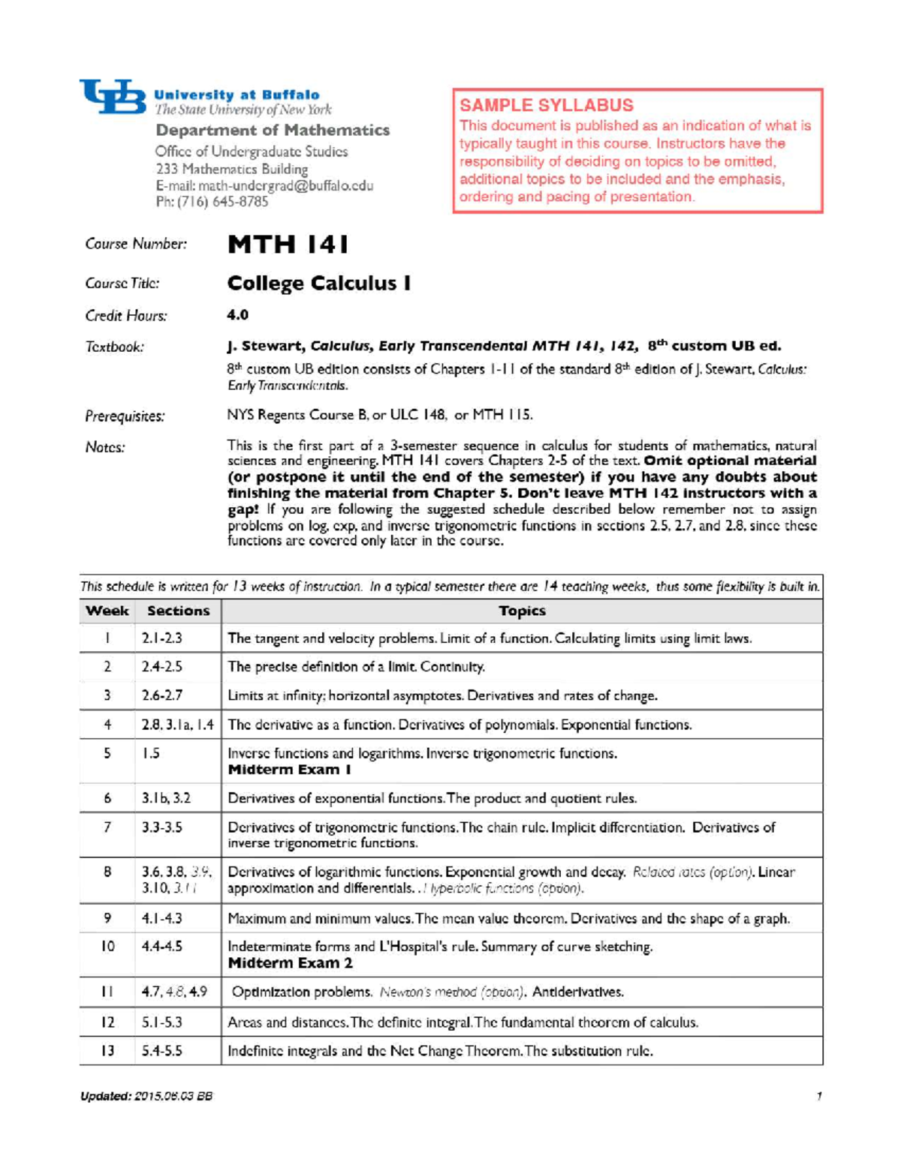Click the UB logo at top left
click(x=113, y=97)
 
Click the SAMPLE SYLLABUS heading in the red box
click(x=546, y=106)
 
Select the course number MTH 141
click(x=288, y=245)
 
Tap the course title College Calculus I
click(x=318, y=284)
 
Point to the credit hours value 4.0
click(x=237, y=315)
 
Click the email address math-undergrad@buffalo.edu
click(x=264, y=186)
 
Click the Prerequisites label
click(x=125, y=416)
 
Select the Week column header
click(x=107, y=611)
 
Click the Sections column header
click(x=178, y=611)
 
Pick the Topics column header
click(x=522, y=611)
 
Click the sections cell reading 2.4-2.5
click(x=162, y=667)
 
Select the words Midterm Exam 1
click(x=289, y=770)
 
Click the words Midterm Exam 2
click(x=290, y=963)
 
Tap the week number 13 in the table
click(x=107, y=1051)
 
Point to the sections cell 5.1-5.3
click(x=162, y=1022)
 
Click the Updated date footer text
click(x=146, y=1096)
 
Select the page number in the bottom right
click(x=818, y=1096)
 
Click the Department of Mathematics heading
click(x=273, y=131)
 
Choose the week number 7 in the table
click(x=107, y=827)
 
